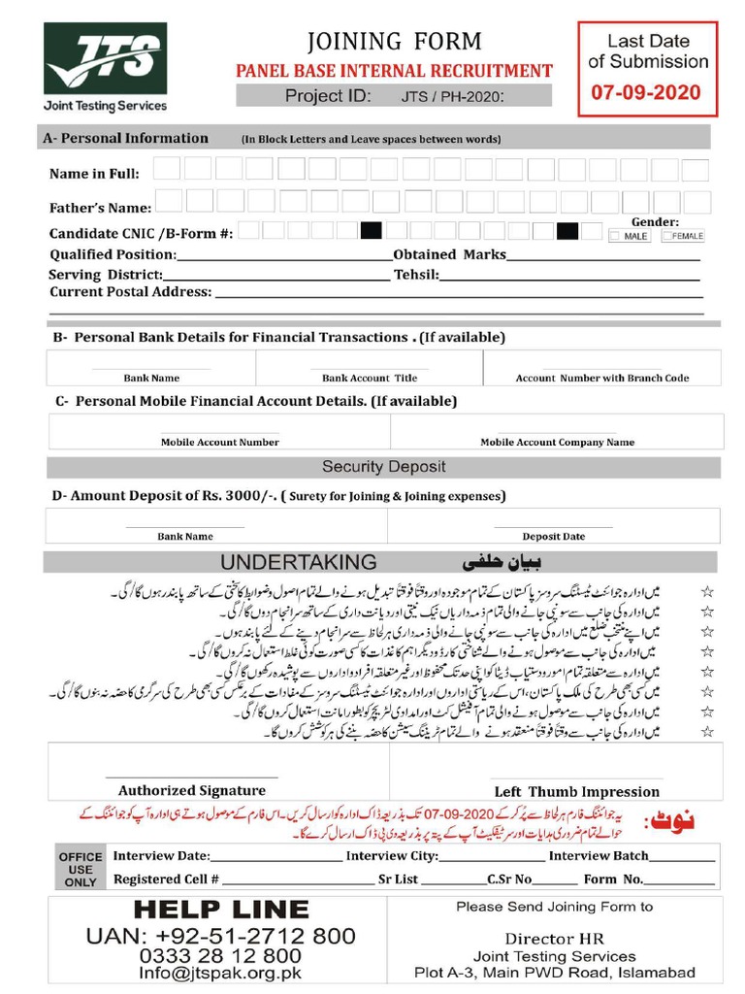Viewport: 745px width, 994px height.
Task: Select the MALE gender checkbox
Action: [x=615, y=236]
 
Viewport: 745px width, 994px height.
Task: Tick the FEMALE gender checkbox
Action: [x=667, y=236]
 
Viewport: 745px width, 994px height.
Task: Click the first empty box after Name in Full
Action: [x=167, y=171]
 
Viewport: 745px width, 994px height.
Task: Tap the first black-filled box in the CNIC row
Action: [x=371, y=231]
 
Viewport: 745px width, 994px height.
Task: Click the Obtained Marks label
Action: [x=449, y=254]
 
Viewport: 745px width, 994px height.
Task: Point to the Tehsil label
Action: [x=416, y=275]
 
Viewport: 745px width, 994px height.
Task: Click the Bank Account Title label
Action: [x=370, y=378]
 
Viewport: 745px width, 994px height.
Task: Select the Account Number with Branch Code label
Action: [x=602, y=378]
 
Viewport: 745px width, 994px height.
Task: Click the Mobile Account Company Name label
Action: [x=557, y=442]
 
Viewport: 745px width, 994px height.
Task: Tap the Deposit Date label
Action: [x=553, y=536]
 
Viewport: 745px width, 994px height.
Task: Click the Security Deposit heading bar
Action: [x=383, y=467]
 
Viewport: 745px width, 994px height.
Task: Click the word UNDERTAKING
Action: [x=298, y=562]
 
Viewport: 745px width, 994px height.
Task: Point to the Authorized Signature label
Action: [x=191, y=790]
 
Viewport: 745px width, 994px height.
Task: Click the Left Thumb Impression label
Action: [x=576, y=791]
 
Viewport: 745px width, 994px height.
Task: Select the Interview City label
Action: [x=392, y=856]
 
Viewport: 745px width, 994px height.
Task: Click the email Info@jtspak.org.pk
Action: [x=220, y=973]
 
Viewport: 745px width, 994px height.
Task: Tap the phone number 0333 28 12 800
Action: [x=220, y=955]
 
